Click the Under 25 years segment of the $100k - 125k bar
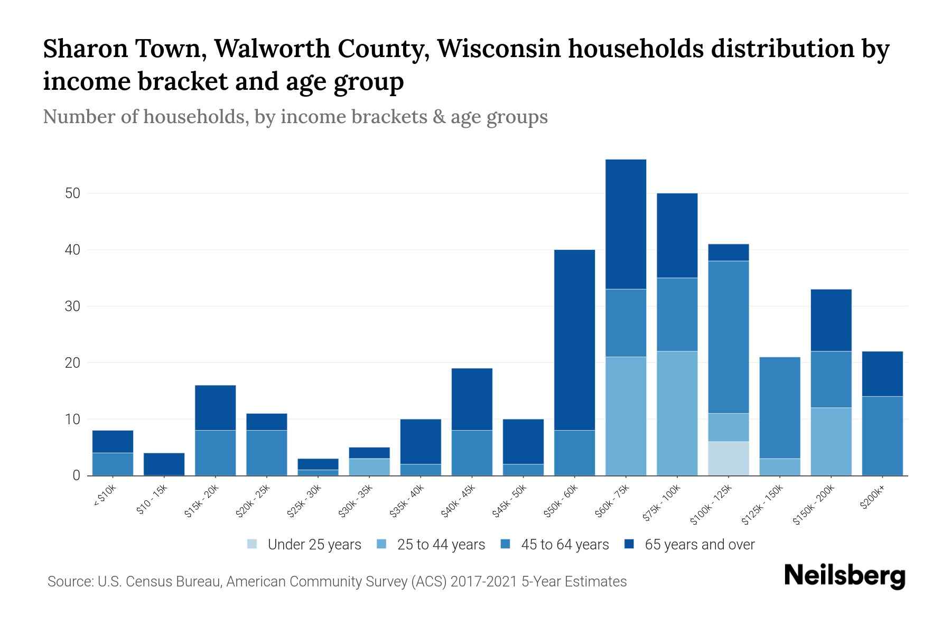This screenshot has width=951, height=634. [729, 458]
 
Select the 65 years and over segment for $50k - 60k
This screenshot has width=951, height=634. [574, 340]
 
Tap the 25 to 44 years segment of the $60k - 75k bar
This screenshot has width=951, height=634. [626, 416]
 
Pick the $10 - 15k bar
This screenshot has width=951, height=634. [164, 464]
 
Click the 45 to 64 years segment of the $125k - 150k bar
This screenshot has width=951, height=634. [780, 407]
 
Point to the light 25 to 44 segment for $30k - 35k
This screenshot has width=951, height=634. [369, 467]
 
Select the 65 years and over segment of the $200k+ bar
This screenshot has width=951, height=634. [882, 374]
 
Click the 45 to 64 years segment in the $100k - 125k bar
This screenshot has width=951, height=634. [729, 337]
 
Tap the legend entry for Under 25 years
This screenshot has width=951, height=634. [304, 545]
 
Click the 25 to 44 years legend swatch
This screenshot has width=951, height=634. [381, 544]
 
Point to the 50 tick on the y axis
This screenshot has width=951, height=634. [72, 193]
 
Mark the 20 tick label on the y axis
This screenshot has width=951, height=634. [72, 363]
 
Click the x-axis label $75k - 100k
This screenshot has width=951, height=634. [662, 504]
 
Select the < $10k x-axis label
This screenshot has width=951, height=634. [105, 496]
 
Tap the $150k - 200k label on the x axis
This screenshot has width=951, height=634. [814, 505]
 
